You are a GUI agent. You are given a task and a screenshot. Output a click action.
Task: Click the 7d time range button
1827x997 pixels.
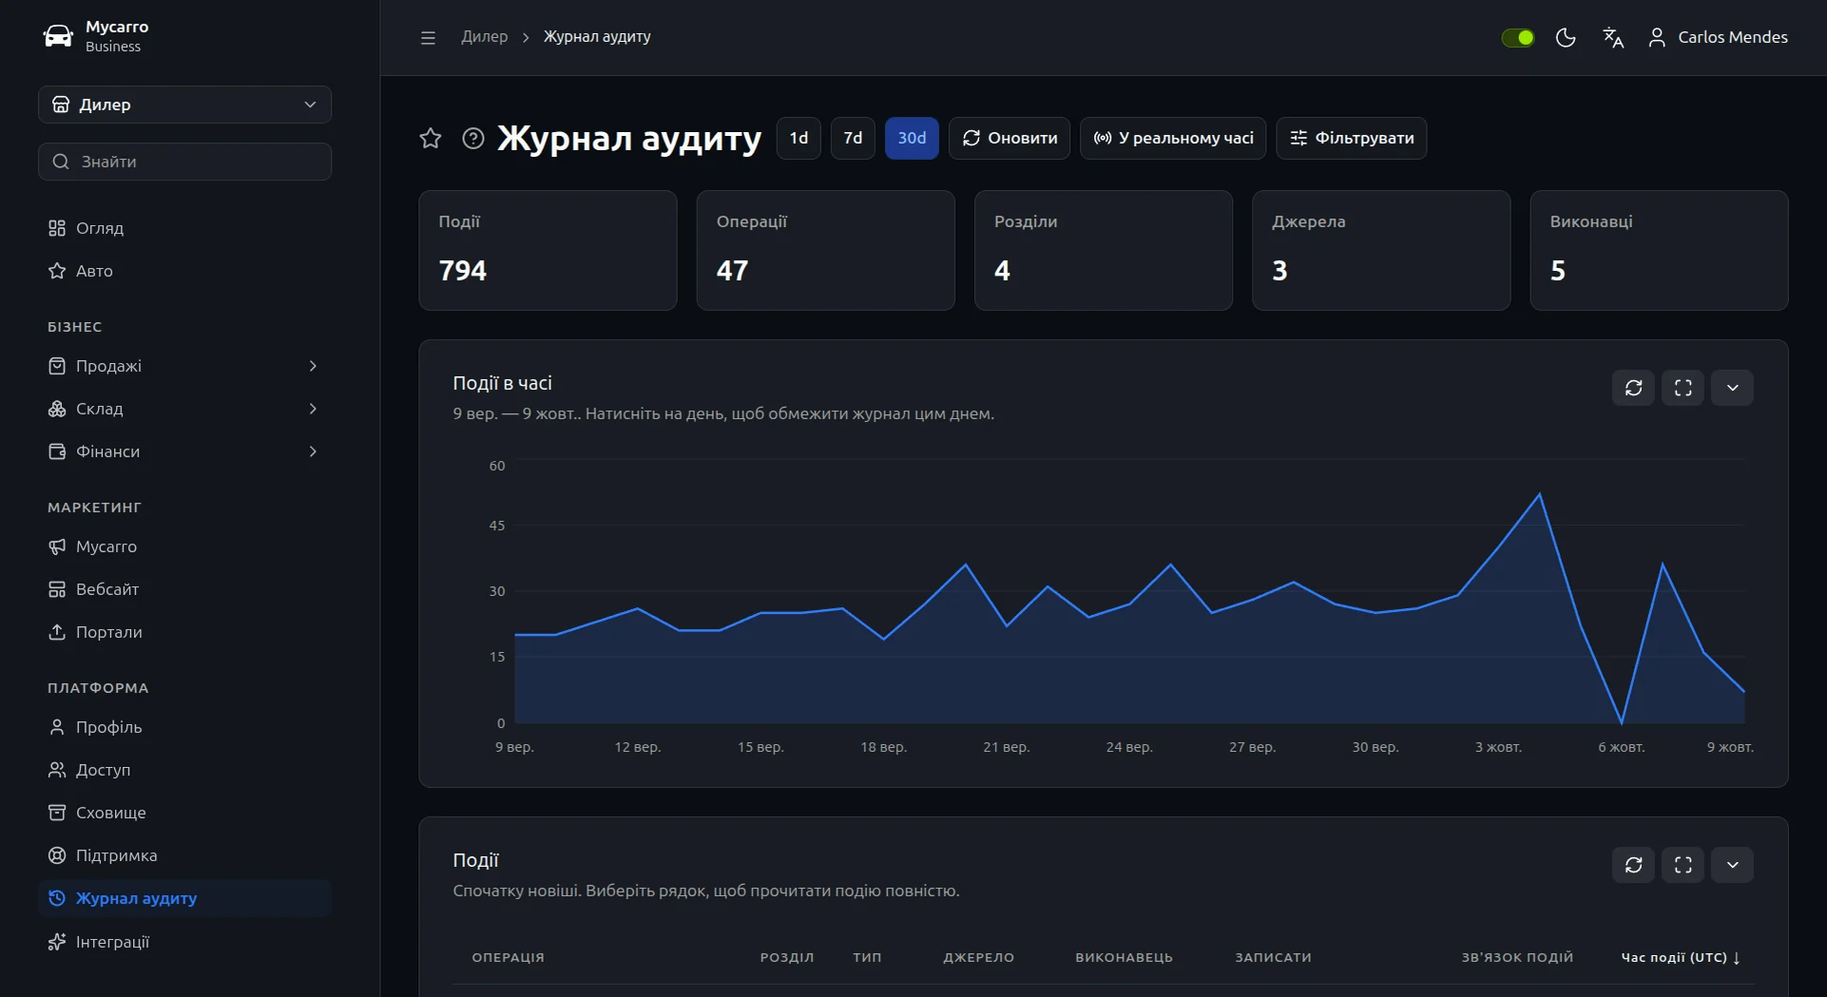[x=853, y=138]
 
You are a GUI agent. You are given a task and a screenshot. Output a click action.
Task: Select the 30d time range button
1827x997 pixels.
[x=912, y=138]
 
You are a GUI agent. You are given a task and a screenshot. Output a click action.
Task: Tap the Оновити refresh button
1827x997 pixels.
[x=1010, y=138]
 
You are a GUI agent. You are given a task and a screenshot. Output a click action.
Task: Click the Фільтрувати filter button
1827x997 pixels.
[x=1351, y=138]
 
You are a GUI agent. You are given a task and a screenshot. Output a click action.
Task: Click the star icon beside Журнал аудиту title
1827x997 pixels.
[x=431, y=139]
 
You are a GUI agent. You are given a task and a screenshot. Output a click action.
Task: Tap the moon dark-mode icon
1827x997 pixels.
[x=1566, y=37]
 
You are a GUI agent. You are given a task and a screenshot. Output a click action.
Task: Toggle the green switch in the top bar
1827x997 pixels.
[x=1517, y=37]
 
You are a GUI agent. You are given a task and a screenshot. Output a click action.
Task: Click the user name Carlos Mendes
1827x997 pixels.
[x=1733, y=37]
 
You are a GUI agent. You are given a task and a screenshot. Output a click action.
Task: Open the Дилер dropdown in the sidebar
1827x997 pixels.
[x=184, y=105]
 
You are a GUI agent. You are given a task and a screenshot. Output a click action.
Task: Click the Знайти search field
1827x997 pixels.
[x=184, y=162]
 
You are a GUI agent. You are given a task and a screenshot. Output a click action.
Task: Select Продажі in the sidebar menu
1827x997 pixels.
[x=108, y=366]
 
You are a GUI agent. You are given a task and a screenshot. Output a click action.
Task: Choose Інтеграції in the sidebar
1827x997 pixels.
[x=112, y=942]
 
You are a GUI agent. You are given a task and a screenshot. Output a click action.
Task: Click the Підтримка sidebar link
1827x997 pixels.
[x=116, y=855]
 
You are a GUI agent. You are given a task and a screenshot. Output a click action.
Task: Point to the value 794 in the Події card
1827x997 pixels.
[x=462, y=271]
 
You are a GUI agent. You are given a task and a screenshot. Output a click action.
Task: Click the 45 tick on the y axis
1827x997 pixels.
[x=497, y=526]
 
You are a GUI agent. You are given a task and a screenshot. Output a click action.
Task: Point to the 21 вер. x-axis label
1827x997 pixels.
[x=1006, y=747]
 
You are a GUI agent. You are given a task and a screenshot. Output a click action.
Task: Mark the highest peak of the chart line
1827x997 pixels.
[x=1540, y=494]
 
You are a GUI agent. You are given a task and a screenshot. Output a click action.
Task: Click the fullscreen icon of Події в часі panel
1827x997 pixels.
[x=1683, y=388]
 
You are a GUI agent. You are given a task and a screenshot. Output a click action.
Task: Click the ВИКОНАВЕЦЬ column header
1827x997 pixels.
[x=1124, y=958]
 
